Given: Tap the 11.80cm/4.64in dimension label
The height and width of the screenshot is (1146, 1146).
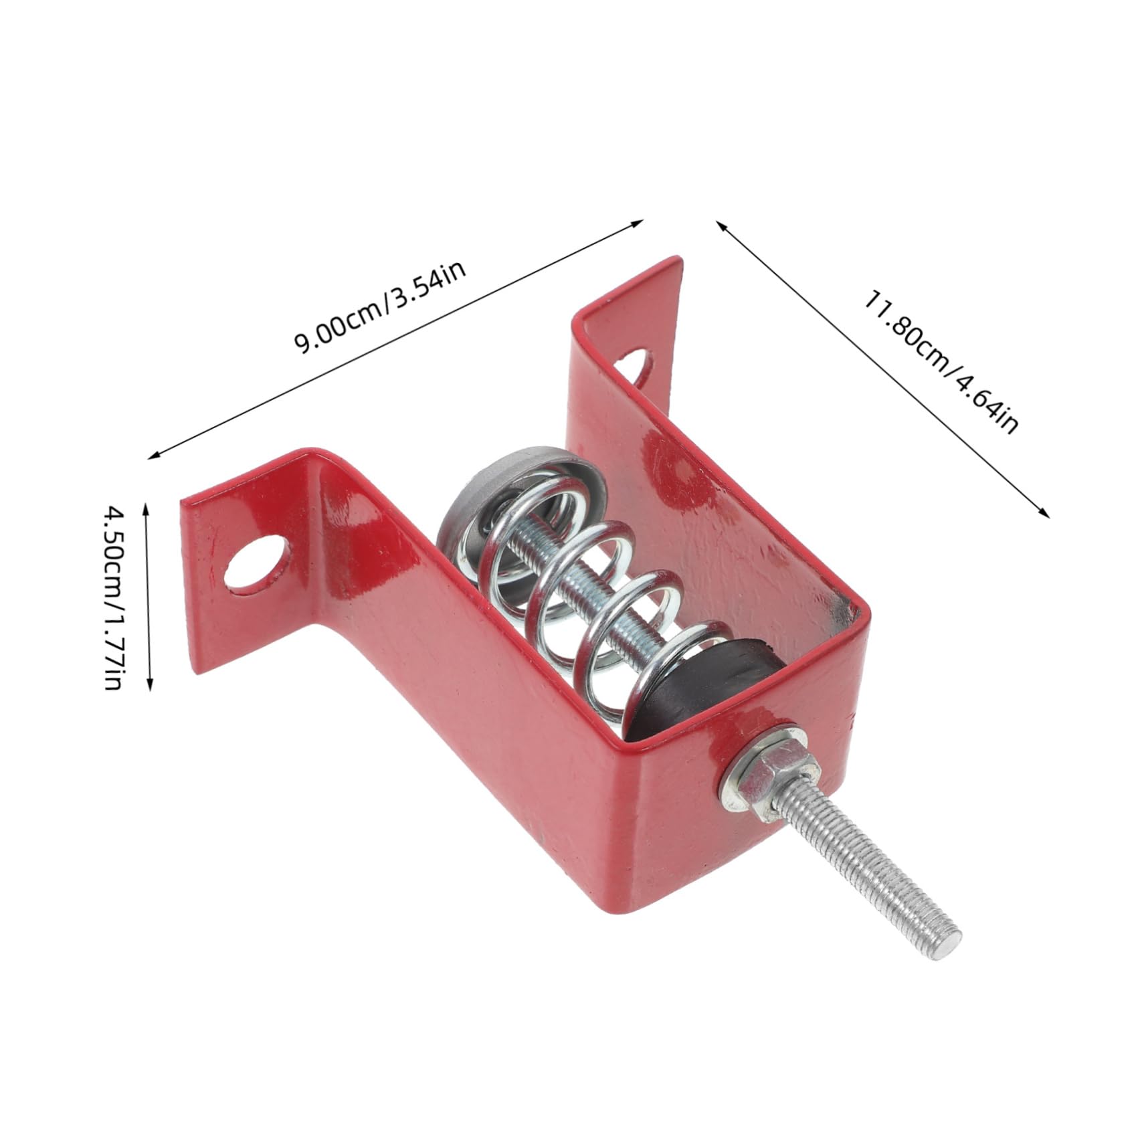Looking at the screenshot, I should (x=940, y=362).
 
